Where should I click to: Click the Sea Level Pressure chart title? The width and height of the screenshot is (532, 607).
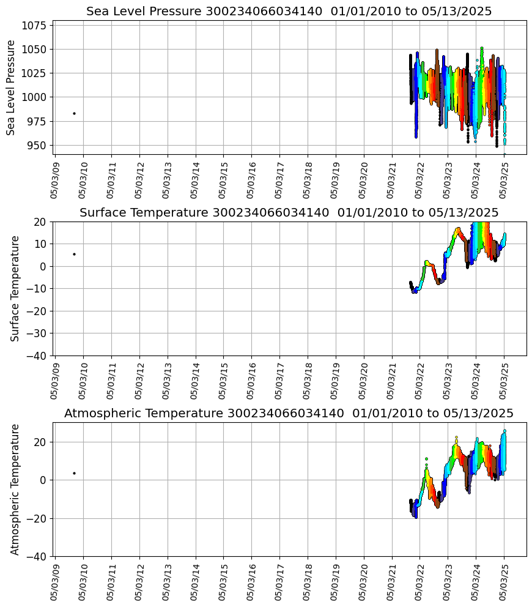(289, 12)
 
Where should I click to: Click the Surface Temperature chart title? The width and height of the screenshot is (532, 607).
(289, 213)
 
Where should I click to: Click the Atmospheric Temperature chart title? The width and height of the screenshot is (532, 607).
(289, 414)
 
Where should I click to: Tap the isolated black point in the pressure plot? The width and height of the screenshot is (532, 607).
(74, 113)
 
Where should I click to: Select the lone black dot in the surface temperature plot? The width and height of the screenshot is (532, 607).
(74, 254)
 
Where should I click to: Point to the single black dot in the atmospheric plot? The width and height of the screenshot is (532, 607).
(74, 473)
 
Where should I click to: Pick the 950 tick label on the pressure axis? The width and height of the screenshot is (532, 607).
(37, 145)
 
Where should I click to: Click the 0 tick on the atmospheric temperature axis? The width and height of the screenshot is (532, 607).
(44, 480)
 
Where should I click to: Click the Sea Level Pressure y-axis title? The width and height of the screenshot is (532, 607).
(12, 88)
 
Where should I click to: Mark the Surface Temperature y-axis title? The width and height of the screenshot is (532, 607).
(15, 288)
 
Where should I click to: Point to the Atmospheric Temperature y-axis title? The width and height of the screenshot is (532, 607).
(15, 489)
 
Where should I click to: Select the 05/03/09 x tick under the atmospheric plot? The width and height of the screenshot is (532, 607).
(55, 582)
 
